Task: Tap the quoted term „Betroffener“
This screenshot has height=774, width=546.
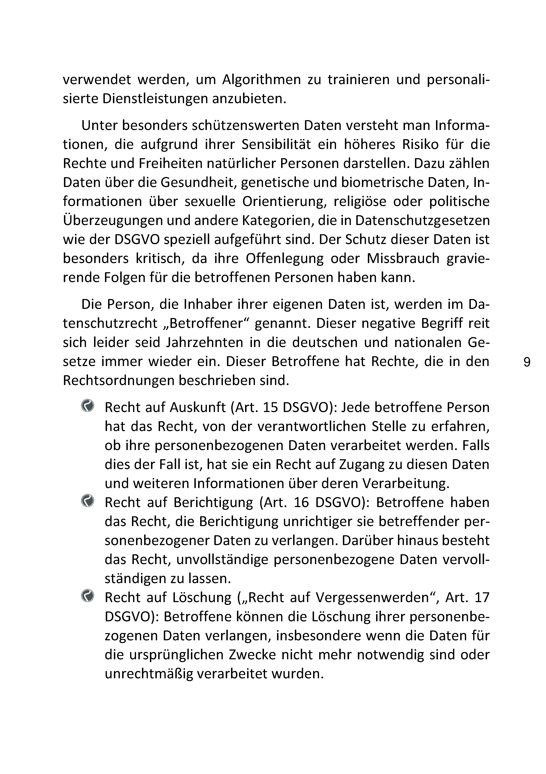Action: [207, 324]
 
